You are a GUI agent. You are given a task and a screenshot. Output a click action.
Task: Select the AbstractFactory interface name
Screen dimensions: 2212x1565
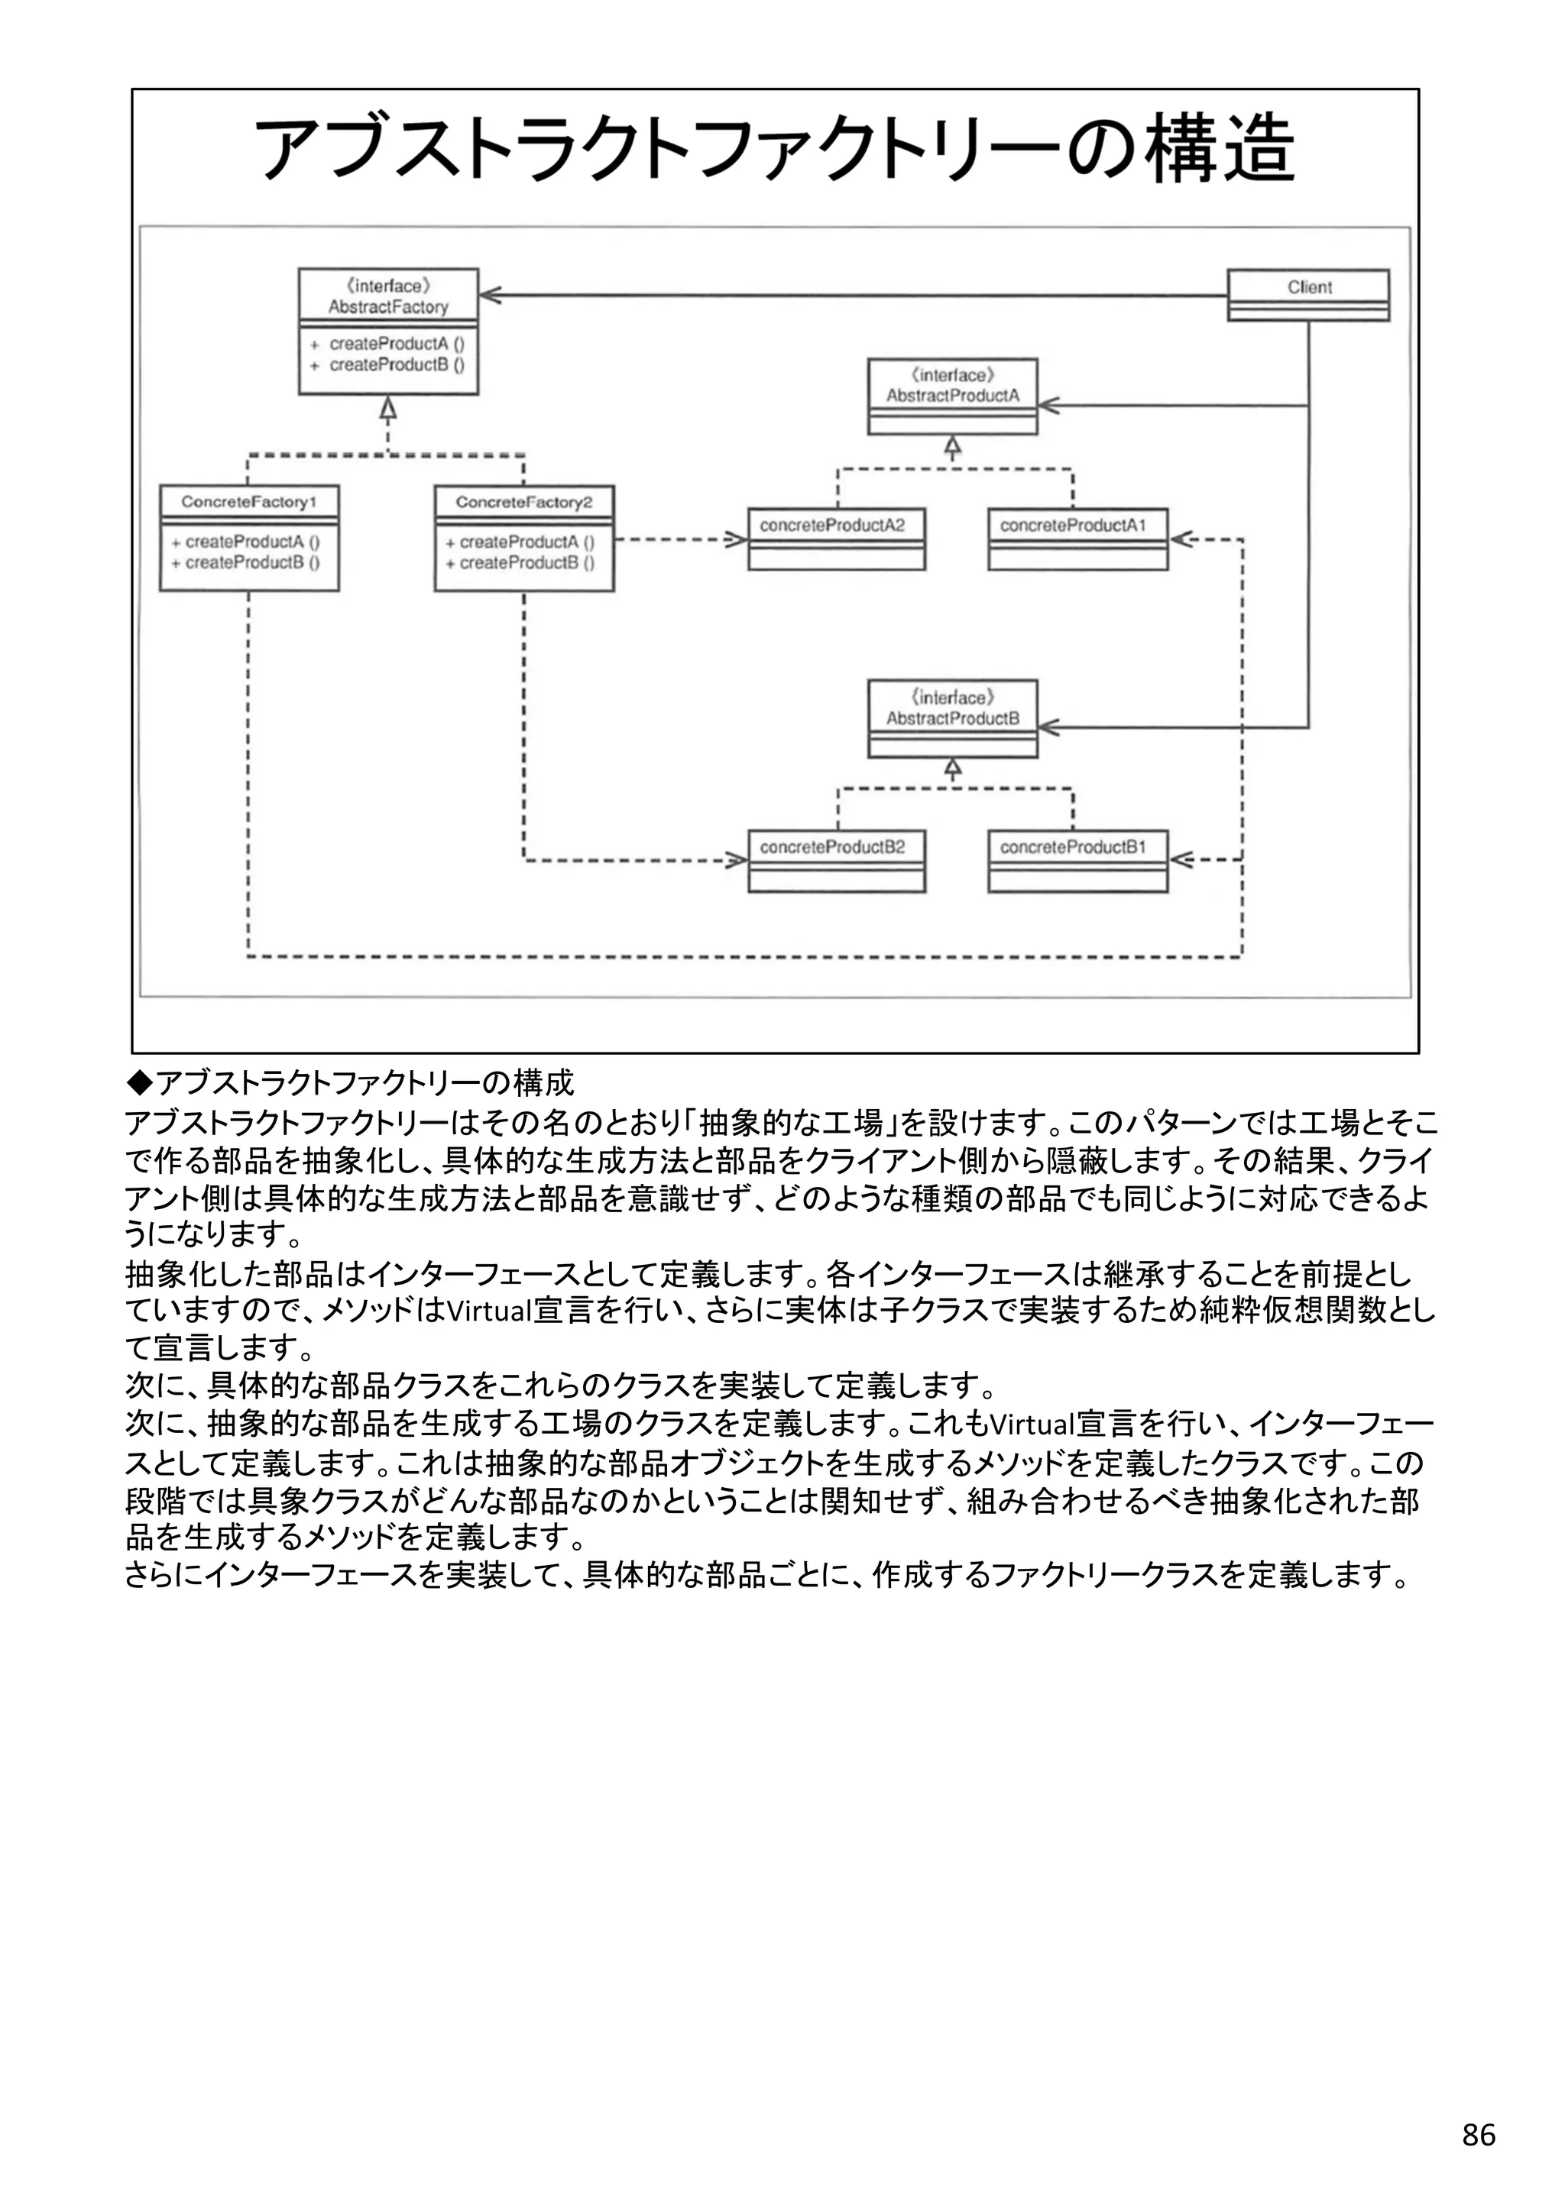[388, 307]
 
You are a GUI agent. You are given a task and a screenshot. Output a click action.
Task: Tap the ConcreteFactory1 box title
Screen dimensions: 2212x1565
[248, 502]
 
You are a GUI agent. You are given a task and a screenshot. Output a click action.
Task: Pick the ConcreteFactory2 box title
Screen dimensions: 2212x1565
[523, 502]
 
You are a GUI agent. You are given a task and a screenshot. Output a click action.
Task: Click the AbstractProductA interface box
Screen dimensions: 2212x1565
[952, 396]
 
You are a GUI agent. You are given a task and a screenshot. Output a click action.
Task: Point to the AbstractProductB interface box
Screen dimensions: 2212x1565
[952, 718]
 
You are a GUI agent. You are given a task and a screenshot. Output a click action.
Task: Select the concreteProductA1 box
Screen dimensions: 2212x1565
[1077, 538]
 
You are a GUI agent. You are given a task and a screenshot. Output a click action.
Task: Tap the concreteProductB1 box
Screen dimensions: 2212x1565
[1077, 859]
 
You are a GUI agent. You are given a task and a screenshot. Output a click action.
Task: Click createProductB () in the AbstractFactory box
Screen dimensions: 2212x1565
[396, 365]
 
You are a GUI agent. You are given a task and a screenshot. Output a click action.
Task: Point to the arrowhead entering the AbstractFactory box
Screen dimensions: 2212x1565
[491, 295]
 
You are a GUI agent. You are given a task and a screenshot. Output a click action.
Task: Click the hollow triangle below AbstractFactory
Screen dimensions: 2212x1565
[387, 409]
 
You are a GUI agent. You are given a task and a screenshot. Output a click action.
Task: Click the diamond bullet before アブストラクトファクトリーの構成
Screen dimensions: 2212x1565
[140, 1084]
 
